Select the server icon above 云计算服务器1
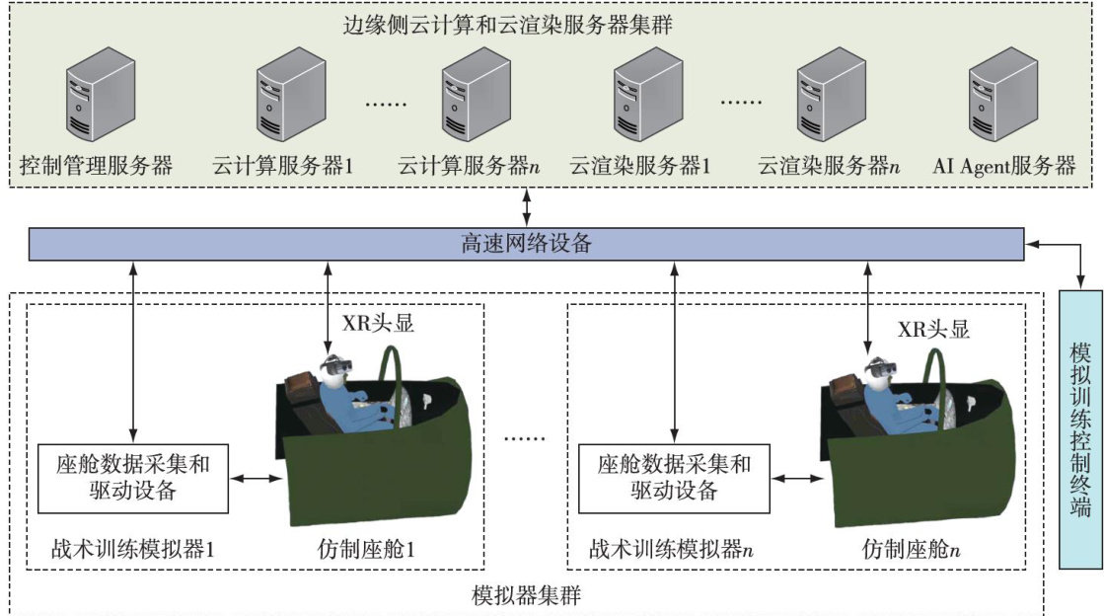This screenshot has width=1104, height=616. pyautogui.click(x=285, y=97)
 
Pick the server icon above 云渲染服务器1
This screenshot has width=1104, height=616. pyautogui.click(x=648, y=97)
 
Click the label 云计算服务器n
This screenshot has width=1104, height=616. pyautogui.click(x=469, y=165)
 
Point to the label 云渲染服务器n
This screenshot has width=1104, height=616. pyautogui.click(x=829, y=165)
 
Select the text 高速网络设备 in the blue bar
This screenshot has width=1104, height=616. pyautogui.click(x=527, y=244)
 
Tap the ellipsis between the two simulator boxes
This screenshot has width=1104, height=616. pyautogui.click(x=523, y=434)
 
